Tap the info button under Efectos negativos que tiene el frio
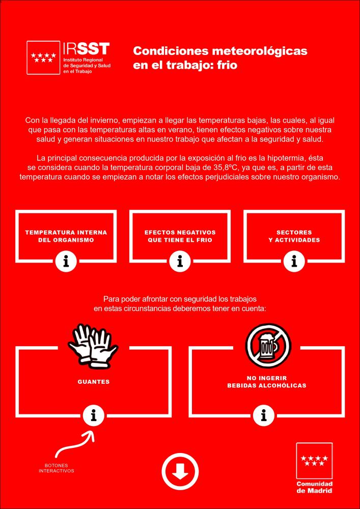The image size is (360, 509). coord(180,262)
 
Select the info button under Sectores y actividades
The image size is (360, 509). coord(294,262)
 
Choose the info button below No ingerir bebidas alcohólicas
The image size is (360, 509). coord(263,416)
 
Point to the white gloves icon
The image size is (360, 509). coord(93,347)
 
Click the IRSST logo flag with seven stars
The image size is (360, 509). coord(43,58)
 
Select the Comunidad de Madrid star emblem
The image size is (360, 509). coord(314,461)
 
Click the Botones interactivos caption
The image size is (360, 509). coord(57,468)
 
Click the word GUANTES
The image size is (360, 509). coord(93,381)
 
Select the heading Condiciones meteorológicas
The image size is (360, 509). coord(220,51)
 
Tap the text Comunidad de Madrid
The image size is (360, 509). coord(314,487)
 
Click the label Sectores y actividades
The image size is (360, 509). coord(294,236)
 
